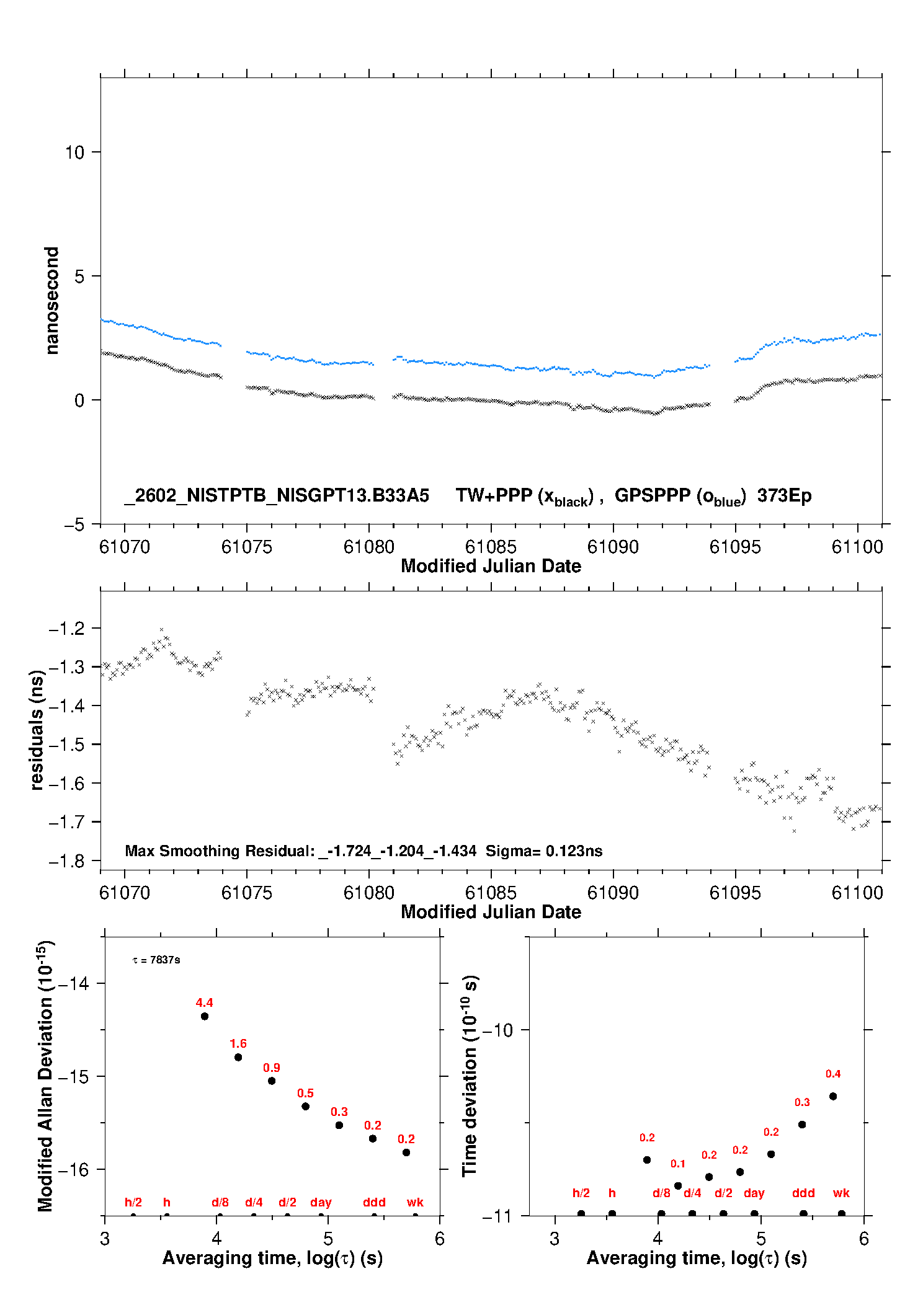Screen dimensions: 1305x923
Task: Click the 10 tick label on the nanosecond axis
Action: (74, 153)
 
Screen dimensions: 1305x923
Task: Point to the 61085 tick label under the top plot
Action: (491, 547)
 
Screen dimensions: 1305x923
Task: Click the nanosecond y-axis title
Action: (51, 300)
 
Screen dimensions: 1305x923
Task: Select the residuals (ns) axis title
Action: (37, 730)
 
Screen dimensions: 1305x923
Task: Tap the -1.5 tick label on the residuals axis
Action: (66, 745)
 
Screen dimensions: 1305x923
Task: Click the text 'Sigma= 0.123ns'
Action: (543, 851)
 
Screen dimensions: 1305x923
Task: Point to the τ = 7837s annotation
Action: (156, 960)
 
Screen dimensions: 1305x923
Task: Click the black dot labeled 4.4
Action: (205, 1016)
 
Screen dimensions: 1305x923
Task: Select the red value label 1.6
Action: (238, 1043)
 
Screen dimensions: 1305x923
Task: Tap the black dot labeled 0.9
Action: (272, 1081)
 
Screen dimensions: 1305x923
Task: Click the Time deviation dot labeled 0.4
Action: (833, 1096)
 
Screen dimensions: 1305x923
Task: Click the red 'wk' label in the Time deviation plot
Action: (841, 1193)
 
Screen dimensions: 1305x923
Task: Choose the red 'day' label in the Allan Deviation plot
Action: (321, 1202)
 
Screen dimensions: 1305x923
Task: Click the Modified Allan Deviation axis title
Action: (45, 1076)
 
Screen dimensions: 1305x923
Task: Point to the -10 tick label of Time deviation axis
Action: (497, 1030)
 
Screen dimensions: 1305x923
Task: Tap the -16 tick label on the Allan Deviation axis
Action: (73, 1170)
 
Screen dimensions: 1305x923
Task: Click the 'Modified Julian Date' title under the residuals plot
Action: (491, 912)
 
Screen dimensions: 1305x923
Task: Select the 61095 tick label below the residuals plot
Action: (735, 893)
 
